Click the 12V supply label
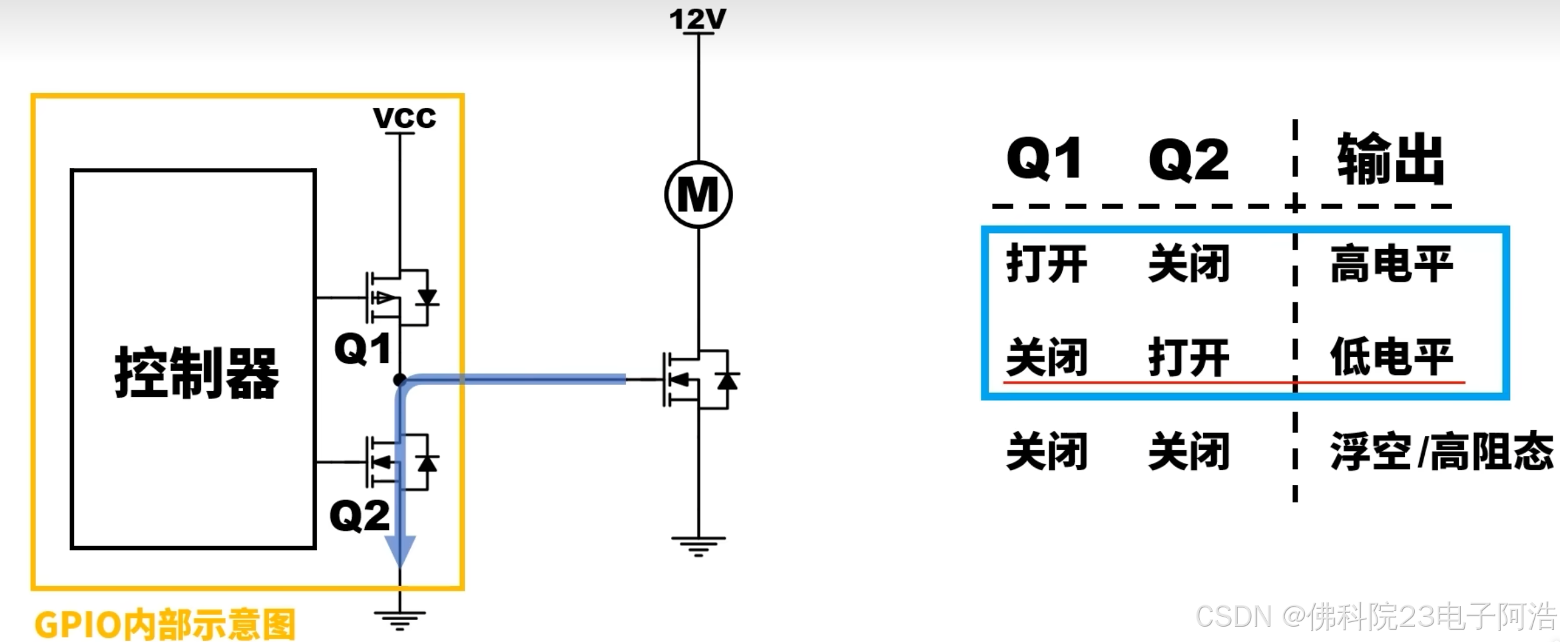[x=698, y=19]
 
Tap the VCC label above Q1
[x=404, y=118]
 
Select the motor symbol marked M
[x=698, y=194]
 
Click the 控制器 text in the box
[x=196, y=372]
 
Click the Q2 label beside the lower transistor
[x=360, y=515]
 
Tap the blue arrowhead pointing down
[x=400, y=550]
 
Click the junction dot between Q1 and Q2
[x=399, y=380]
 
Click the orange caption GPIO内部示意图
[x=165, y=625]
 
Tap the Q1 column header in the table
[x=1044, y=159]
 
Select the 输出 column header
[x=1390, y=159]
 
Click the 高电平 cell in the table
[x=1391, y=264]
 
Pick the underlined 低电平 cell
[x=1391, y=357]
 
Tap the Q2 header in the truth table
[x=1188, y=160]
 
